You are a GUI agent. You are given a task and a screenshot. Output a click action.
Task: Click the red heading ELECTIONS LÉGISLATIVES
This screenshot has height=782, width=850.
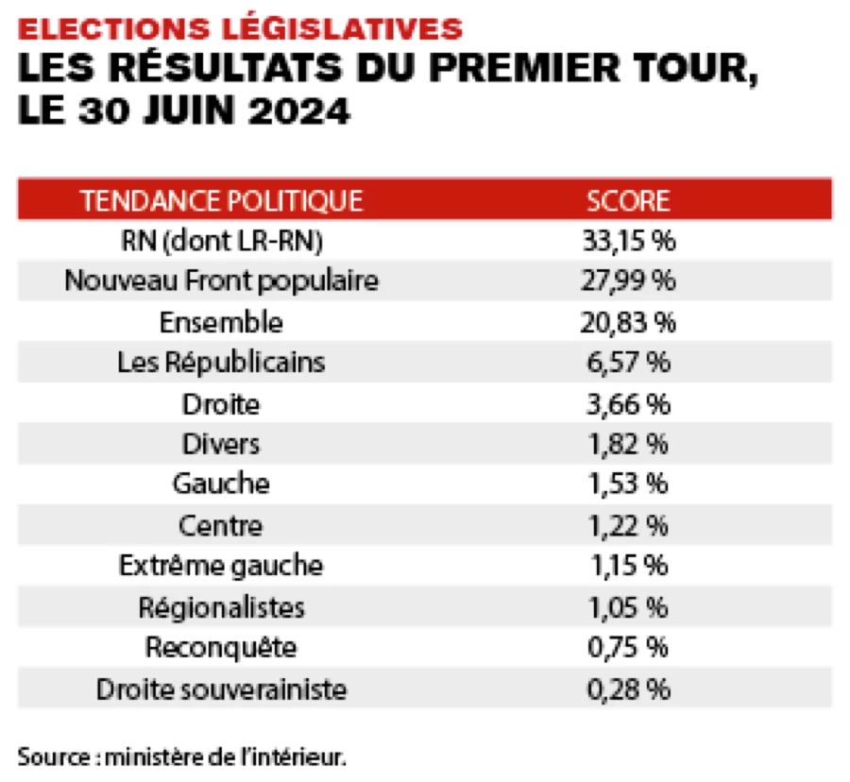click(241, 27)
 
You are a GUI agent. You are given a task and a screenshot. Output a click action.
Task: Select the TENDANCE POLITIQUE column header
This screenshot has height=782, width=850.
click(221, 200)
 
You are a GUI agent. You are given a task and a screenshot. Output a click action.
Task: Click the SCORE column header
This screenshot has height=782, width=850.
click(628, 200)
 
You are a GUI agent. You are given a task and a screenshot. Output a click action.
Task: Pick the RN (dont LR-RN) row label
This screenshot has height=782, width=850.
click(221, 241)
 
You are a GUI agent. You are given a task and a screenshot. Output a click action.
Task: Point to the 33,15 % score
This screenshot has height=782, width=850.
click(628, 241)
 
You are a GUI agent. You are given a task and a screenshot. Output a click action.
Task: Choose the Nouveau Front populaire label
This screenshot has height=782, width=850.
click(221, 281)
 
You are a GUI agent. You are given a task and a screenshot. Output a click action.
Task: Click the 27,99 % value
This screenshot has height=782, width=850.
click(628, 281)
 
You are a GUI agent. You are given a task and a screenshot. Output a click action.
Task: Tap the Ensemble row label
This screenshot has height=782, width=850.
click(221, 322)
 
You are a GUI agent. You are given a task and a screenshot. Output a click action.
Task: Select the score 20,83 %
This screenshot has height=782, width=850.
click(628, 322)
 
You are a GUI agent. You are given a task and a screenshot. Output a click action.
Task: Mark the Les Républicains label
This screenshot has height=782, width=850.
click(221, 363)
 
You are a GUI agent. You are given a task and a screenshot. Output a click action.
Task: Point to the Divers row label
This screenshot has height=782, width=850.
click(221, 444)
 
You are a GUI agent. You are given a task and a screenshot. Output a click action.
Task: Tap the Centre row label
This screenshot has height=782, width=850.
click(221, 525)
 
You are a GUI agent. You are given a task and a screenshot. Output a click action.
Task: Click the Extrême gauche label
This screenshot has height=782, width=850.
click(221, 566)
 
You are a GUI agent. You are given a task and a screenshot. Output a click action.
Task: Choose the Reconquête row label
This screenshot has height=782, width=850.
click(221, 648)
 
